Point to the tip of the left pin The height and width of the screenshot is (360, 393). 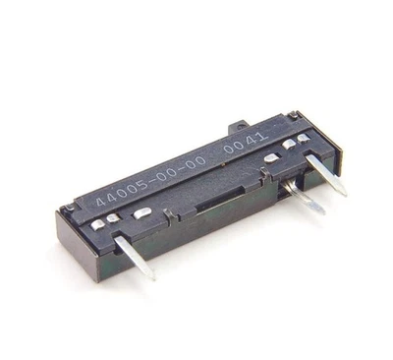tap(151, 276)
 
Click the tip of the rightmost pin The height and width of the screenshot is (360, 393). tap(343, 190)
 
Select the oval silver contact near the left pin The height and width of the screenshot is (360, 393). tap(142, 213)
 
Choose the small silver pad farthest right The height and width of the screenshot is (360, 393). tap(312, 138)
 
